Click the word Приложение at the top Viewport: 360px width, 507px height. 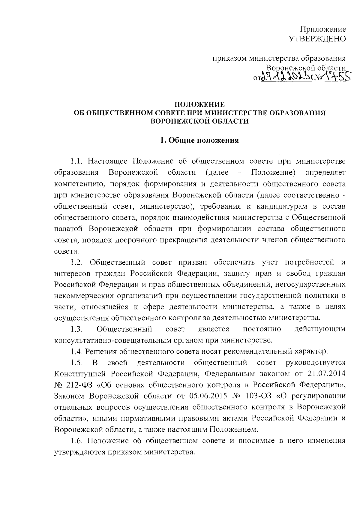(323, 29)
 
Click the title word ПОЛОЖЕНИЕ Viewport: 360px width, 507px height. (199, 105)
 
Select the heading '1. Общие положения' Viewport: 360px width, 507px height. (199, 140)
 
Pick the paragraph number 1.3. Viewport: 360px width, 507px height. (76, 329)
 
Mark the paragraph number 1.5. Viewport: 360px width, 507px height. (76, 363)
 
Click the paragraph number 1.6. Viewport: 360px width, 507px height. (76, 441)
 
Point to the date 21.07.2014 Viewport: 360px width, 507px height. (326, 374)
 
